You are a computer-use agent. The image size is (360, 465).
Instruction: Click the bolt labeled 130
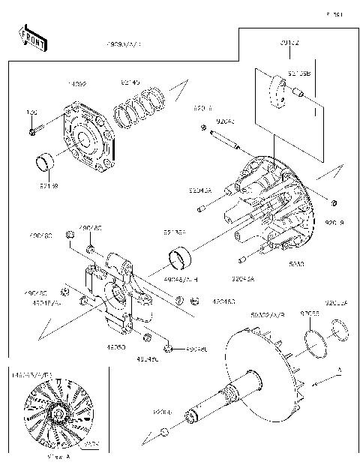tap(34, 132)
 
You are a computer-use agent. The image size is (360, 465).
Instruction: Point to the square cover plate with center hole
tap(88, 141)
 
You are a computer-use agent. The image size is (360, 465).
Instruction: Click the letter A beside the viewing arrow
tap(338, 370)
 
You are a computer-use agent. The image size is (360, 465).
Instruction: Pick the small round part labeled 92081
tap(163, 433)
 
